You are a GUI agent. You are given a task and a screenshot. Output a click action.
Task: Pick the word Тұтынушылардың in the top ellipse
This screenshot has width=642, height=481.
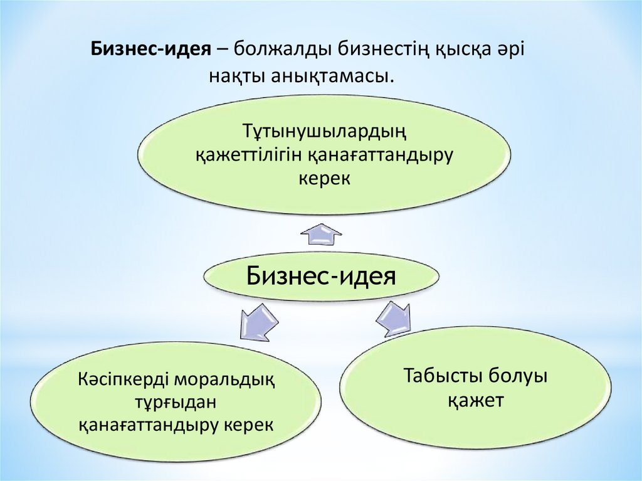pos(322,132)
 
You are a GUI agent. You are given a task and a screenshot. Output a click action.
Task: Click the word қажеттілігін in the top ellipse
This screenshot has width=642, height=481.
pos(246,156)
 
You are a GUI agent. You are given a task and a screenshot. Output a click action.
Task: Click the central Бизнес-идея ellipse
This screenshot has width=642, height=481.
pos(321,275)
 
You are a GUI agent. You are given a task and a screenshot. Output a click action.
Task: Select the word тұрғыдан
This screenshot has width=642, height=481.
pos(176,403)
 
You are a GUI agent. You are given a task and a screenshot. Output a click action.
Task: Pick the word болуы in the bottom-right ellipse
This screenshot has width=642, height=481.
pos(518,377)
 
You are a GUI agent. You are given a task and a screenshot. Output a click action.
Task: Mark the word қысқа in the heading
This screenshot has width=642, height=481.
pos(459,49)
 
